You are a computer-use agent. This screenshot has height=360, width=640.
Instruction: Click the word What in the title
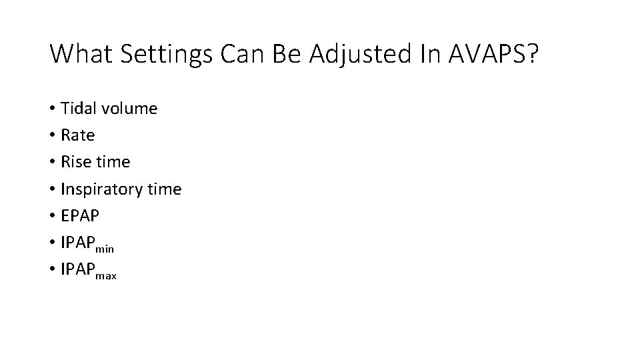[x=80, y=53]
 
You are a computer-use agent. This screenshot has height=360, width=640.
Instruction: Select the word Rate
[x=77, y=135]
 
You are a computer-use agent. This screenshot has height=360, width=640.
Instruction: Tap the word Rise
[x=75, y=162]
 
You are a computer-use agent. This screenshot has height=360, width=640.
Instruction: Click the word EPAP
[x=79, y=217]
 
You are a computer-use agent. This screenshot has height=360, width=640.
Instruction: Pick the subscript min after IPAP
[x=105, y=248]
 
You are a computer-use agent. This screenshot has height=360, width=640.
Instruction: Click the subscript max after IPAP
[x=107, y=275]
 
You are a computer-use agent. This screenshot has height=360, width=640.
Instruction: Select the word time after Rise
[x=113, y=162]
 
